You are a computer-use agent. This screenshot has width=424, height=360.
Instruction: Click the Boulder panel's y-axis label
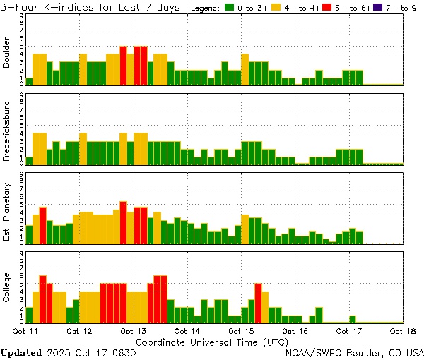(x=7, y=52)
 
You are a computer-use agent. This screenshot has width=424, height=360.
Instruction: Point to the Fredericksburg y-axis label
(x=7, y=132)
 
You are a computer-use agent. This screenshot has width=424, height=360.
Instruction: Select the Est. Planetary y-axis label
(x=7, y=212)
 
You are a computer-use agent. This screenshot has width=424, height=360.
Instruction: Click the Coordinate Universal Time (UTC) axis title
(x=211, y=341)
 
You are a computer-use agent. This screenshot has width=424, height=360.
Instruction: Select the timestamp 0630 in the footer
(x=124, y=352)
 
